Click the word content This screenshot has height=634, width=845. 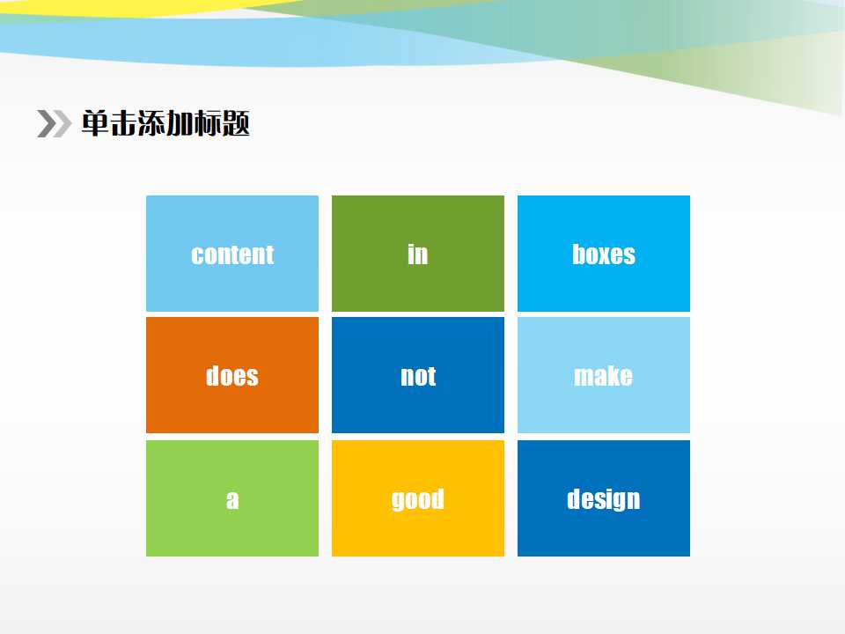232,254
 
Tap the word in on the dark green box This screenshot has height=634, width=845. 417,254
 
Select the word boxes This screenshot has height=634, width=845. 604,254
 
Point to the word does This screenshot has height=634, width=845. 232,375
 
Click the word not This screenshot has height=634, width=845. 418,376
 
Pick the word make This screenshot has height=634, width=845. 603,375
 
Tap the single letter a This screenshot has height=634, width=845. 232,500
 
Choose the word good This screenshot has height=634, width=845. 417,499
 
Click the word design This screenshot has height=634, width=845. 604,498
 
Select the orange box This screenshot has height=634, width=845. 232,375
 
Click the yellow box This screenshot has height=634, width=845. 417,498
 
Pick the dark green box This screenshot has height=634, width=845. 417,254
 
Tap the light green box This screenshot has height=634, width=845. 232,498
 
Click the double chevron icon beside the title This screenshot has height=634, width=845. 54,123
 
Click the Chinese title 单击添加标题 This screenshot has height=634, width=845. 165,123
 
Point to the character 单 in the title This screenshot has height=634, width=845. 95,123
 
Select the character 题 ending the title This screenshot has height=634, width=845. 236,123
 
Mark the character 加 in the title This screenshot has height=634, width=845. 180,123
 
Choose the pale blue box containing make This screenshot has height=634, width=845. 604,375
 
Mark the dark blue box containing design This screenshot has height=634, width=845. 604,498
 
